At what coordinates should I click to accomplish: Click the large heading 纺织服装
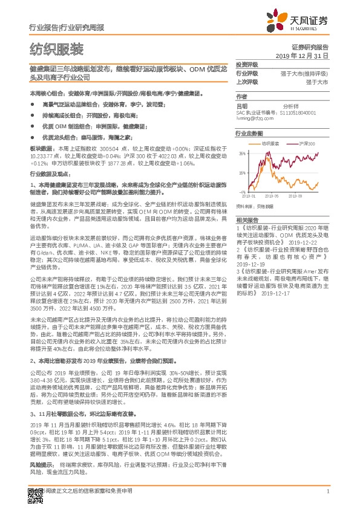point(56,49)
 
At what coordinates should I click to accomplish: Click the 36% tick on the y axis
point(242,154)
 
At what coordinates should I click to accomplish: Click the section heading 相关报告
point(246,219)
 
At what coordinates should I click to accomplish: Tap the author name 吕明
point(241,105)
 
